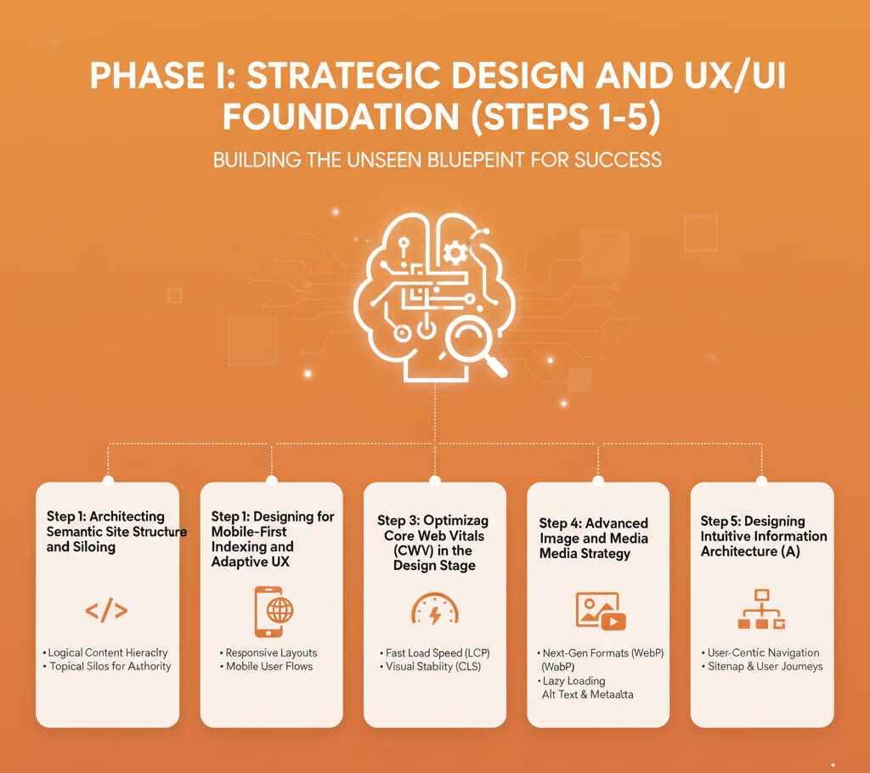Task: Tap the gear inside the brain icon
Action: coord(455,251)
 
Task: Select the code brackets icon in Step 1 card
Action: coord(107,610)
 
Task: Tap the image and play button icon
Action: coord(600,611)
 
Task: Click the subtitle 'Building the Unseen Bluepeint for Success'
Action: coord(437,160)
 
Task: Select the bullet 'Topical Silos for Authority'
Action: coord(109,666)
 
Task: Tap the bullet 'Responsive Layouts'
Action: coord(271,652)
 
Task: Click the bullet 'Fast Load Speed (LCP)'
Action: coord(437,652)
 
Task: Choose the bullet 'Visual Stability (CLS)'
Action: coord(432,666)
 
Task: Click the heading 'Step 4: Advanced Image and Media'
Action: coord(594,531)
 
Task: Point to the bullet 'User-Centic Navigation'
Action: coord(763,652)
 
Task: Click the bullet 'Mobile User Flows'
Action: coord(268,666)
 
